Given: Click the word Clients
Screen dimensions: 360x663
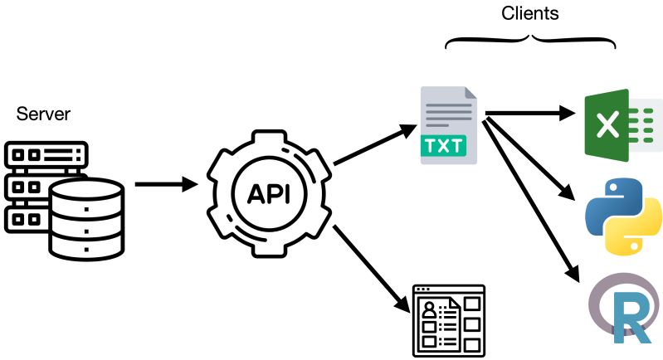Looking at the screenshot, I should [x=529, y=13].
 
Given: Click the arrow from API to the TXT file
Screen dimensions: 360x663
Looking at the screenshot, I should [x=373, y=144].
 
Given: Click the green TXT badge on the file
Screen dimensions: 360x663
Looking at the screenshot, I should [x=446, y=146].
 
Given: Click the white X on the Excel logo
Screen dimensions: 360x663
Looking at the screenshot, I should [x=607, y=126].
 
